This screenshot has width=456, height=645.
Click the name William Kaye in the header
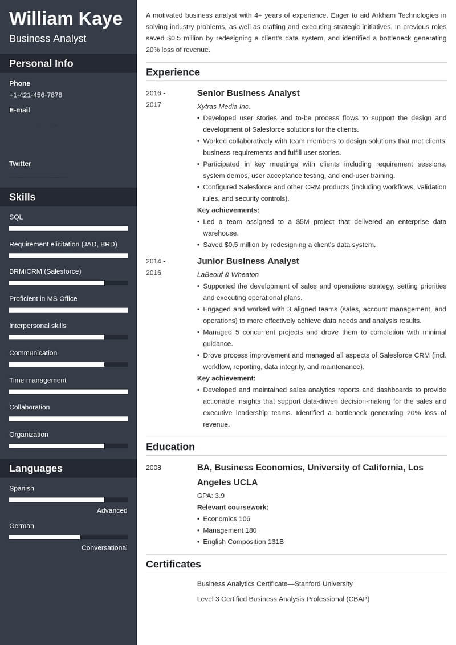pos(66,19)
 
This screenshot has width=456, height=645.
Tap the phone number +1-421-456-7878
pos(35,95)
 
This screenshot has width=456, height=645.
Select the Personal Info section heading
pos(41,63)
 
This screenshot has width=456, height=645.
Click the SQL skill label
pos(16,217)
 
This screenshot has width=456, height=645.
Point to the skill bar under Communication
pos(68,364)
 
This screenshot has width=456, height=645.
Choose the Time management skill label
pos(38,380)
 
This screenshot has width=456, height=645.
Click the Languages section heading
pos(36,468)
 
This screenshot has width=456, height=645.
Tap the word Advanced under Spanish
pos(112,510)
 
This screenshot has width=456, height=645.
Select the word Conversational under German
pos(104,547)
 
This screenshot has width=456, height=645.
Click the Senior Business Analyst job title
pos(248,93)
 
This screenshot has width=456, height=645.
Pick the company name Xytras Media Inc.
pos(223,106)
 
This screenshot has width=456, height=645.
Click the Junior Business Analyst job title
pos(248,261)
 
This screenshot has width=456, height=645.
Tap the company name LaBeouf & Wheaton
pos(227,274)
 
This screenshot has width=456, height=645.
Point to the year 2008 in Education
pos(153,468)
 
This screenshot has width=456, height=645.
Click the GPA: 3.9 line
pos(211,496)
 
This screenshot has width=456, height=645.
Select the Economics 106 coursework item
pos(226,518)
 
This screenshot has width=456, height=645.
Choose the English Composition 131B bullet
pos(243,542)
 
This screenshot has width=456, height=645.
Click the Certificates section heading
pos(173,564)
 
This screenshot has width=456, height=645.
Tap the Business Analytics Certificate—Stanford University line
pos(275,583)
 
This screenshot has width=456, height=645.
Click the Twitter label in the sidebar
pos(20,163)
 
